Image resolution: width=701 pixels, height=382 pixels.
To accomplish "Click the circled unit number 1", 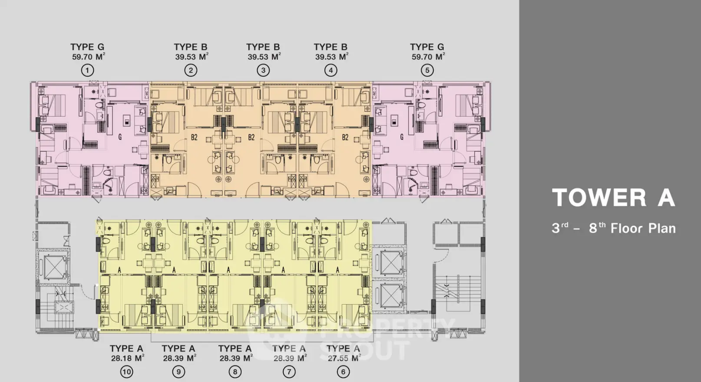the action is pos(87,70).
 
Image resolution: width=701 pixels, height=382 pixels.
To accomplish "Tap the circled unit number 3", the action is pos(263,70).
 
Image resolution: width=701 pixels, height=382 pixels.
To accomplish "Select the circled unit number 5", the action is pos(427,70).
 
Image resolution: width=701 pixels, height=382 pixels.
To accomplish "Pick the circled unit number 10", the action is pos(126,372).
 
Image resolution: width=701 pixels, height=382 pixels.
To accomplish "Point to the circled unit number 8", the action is pos(235,372).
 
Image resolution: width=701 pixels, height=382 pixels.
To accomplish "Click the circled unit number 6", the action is pos(343,372).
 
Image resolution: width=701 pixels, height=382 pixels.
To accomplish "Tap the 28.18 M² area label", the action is pos(127,358).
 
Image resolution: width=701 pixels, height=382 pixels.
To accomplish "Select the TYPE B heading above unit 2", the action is pos(191,47).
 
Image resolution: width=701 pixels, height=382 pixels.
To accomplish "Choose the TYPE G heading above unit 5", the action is pos(427,47).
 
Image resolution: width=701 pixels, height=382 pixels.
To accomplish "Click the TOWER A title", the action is pos(613,198).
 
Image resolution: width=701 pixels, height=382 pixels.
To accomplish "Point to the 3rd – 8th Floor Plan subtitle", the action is pos(614,228).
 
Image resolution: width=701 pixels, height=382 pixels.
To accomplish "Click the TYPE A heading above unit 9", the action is pos(179,349).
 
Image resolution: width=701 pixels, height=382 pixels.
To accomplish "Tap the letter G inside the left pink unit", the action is pos(120,137).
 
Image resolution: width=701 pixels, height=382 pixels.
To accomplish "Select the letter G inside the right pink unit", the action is pos(401,137).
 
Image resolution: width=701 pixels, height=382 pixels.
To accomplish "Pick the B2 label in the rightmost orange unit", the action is pos(345,137).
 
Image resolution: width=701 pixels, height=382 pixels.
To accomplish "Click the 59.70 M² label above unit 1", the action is pos(88,56).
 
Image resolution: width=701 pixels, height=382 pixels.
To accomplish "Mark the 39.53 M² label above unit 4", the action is pos(332,56).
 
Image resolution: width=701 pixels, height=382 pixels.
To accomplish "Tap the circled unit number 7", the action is pos(289,372).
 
